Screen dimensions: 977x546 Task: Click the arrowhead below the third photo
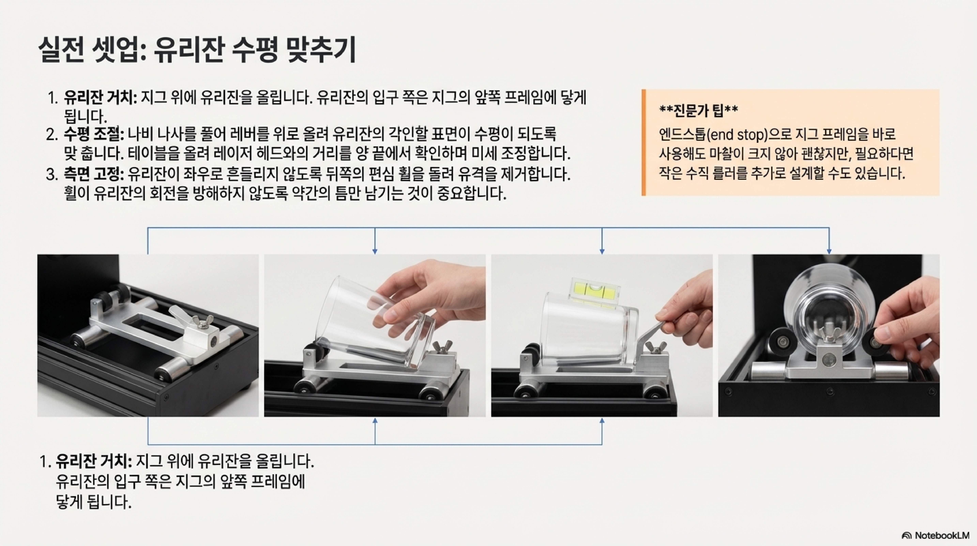coord(602,421)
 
